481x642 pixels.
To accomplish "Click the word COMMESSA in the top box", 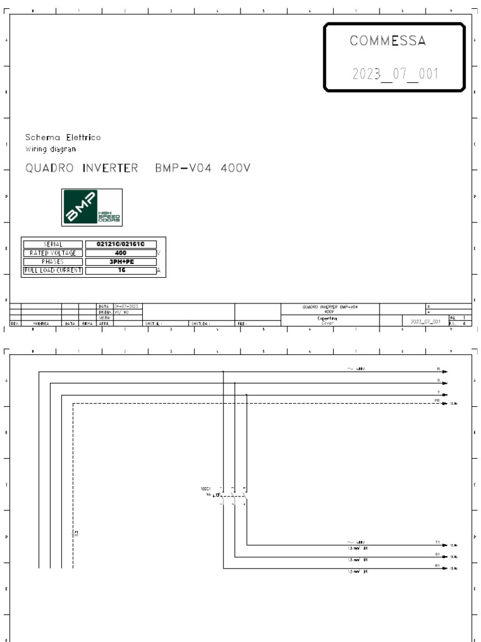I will pyautogui.click(x=388, y=41).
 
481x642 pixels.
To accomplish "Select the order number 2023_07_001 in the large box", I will pyautogui.click(x=395, y=74).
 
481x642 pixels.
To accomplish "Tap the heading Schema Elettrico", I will pyautogui.click(x=63, y=137).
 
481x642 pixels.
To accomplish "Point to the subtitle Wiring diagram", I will pyautogui.click(x=51, y=149).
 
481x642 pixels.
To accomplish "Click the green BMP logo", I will pyautogui.click(x=91, y=208).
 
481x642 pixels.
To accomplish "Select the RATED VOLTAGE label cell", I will pyautogui.click(x=53, y=253).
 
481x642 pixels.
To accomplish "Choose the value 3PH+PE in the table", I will pyautogui.click(x=121, y=261).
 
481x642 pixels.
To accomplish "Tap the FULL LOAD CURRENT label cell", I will pyautogui.click(x=53, y=270).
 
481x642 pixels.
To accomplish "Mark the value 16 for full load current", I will pyautogui.click(x=121, y=270).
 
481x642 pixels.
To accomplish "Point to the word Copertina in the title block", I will pyautogui.click(x=329, y=318).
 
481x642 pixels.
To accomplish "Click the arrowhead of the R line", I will pyautogui.click(x=445, y=372).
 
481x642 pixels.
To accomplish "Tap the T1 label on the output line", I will pyautogui.click(x=438, y=542).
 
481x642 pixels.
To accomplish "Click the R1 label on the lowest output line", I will pyautogui.click(x=438, y=566).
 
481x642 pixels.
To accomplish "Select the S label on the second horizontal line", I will pyautogui.click(x=438, y=379).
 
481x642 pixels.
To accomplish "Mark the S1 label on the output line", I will pyautogui.click(x=438, y=554).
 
